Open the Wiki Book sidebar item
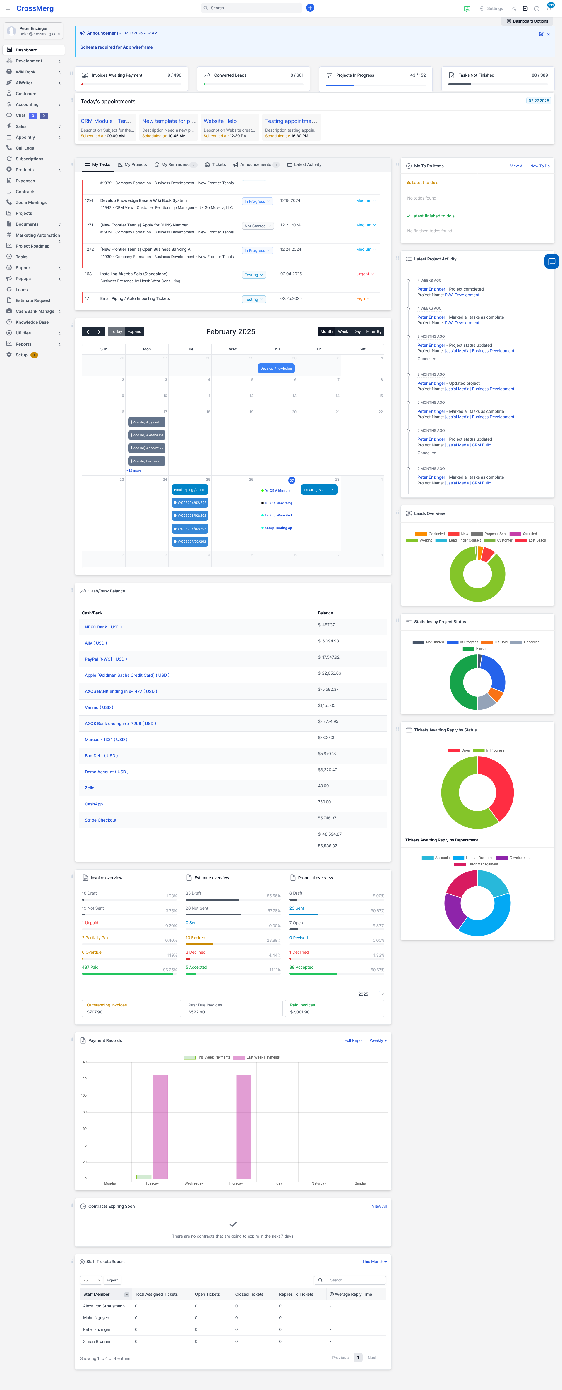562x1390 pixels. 25,72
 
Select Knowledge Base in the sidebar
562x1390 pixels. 32,322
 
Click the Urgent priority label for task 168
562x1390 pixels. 363,274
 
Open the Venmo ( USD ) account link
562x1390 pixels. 99,707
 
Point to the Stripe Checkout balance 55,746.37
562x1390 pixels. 327,818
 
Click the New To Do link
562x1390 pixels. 539,166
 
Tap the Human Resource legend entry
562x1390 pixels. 479,858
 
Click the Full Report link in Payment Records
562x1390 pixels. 354,1040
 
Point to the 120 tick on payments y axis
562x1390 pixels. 84,1079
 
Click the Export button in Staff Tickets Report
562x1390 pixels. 112,1280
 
